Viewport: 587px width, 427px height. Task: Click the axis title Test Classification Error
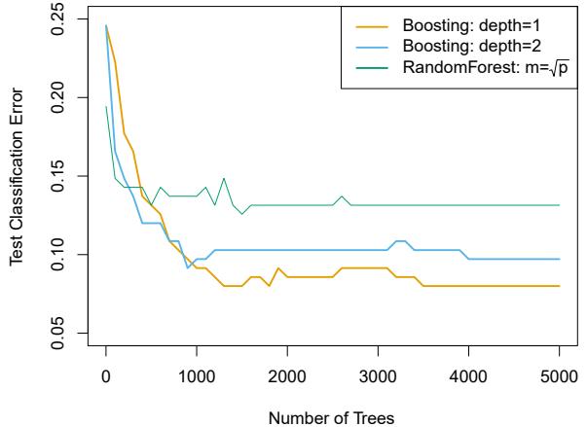pyautogui.click(x=17, y=181)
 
